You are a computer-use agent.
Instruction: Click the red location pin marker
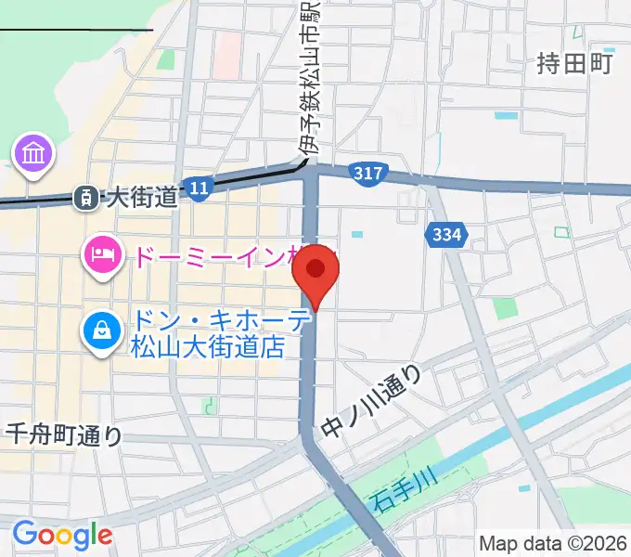tap(315, 271)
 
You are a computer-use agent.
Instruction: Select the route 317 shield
tap(368, 173)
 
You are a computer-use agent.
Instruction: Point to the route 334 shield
tap(446, 236)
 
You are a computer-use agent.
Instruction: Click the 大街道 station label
tap(141, 197)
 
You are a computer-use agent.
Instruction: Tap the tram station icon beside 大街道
tap(85, 196)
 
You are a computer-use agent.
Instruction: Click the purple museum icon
tap(34, 150)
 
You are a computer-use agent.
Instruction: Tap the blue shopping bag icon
tap(101, 330)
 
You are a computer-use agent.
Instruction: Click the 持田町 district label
tap(575, 63)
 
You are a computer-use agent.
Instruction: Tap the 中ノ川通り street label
tap(372, 401)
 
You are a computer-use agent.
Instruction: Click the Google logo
tap(62, 535)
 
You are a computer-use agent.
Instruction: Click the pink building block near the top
tap(225, 56)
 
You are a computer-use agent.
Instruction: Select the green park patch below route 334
tap(505, 307)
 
